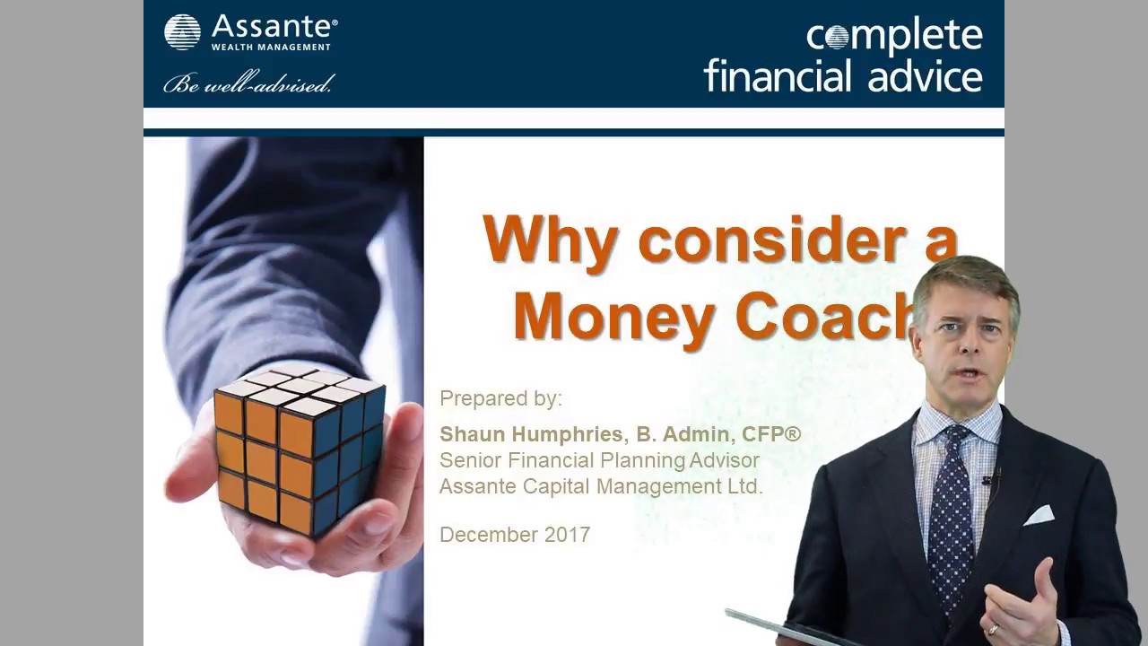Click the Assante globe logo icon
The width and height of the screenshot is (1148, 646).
182,31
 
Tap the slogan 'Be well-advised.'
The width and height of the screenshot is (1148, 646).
248,84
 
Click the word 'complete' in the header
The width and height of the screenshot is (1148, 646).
894,36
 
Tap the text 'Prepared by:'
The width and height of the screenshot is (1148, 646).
500,398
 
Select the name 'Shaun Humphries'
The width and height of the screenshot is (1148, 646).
531,435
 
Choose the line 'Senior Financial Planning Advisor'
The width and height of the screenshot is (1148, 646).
599,461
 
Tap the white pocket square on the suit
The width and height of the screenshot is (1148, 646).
1039,515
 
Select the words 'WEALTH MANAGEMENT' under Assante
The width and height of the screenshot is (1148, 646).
271,47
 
